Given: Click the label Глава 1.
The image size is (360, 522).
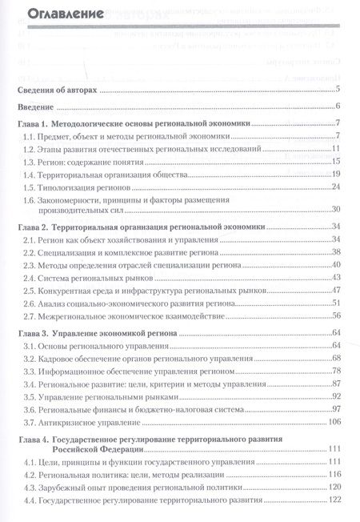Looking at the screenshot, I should click(34, 124).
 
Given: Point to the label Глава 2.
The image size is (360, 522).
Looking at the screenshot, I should click(34, 228).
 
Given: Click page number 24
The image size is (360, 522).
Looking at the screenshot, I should click(337, 187).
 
